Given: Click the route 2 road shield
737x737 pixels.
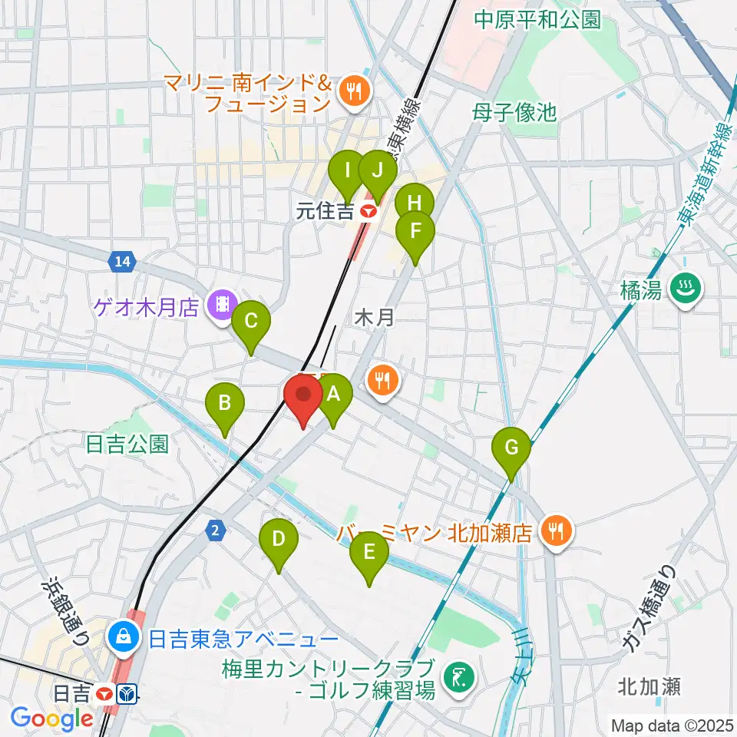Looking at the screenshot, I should pyautogui.click(x=217, y=530).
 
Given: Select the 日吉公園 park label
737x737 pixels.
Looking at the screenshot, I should pyautogui.click(x=127, y=445).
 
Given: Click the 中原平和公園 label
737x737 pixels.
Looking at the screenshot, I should pyautogui.click(x=537, y=20).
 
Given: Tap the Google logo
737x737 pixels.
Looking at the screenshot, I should pyautogui.click(x=52, y=719).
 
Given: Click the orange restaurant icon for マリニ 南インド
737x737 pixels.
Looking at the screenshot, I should pyautogui.click(x=355, y=91).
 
